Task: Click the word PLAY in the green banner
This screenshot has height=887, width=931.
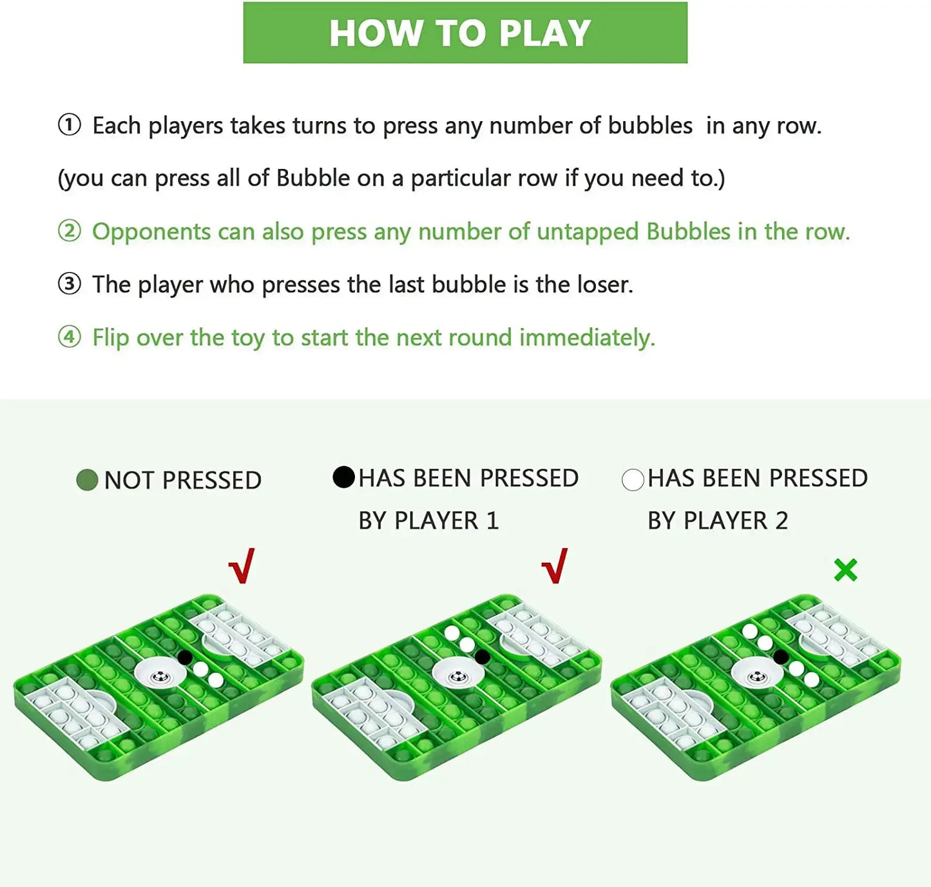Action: point(544,33)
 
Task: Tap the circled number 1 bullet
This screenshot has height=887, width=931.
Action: point(70,126)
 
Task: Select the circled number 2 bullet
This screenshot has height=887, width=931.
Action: point(70,231)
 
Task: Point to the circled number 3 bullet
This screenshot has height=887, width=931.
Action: point(70,284)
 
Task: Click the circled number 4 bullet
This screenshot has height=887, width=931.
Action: point(70,337)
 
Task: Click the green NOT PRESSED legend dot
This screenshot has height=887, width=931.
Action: point(87,480)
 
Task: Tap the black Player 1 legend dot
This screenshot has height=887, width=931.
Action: point(344,477)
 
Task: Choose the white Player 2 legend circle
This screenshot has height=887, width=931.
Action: point(633,480)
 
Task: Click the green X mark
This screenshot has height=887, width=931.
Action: point(846,570)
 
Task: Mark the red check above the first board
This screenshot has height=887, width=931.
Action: point(242,566)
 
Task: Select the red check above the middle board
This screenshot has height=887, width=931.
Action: point(555,566)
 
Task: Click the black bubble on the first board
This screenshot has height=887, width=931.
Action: point(185,658)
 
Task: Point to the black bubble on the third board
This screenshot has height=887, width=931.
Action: point(781,657)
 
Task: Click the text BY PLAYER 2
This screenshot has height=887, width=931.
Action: point(718,521)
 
